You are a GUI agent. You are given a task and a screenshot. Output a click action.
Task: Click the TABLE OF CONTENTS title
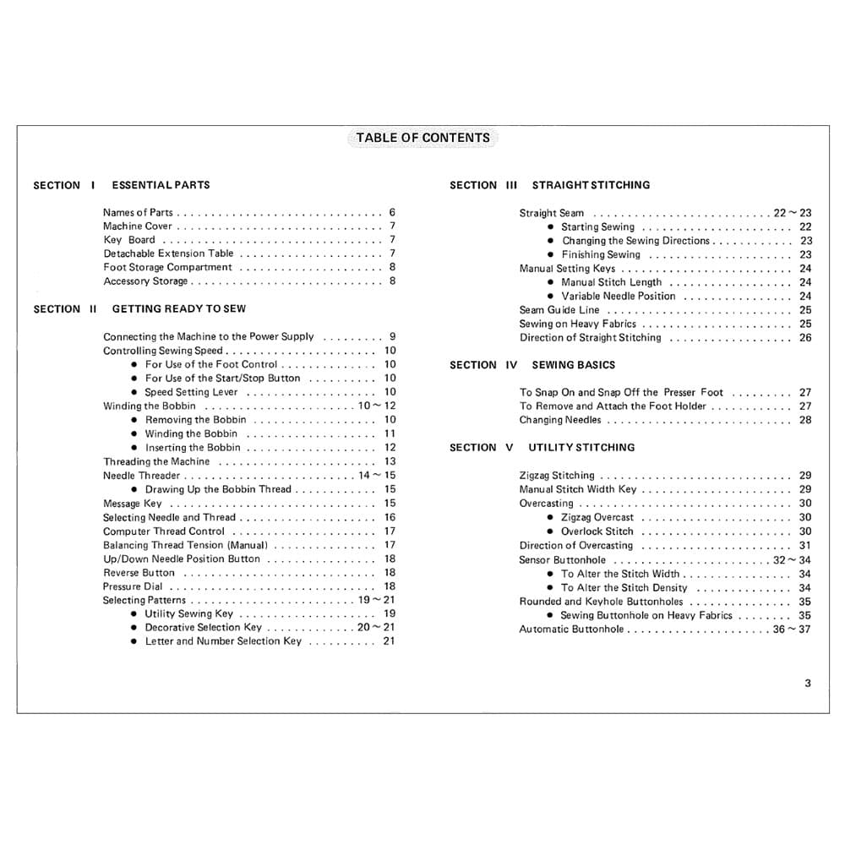(422, 138)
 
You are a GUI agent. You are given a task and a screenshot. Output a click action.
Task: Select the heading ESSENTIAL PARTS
(161, 185)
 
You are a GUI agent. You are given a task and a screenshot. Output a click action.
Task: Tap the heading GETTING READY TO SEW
(179, 309)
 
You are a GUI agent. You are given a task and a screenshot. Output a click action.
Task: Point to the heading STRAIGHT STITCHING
(591, 185)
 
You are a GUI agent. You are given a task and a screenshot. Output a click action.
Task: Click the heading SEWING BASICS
(574, 365)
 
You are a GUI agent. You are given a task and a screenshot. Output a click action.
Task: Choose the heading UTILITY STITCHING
(581, 447)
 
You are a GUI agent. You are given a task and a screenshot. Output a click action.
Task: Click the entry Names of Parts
(138, 213)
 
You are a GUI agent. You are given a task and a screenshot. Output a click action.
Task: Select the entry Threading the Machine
(155, 461)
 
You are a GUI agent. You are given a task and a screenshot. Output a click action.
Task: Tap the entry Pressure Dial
(133, 586)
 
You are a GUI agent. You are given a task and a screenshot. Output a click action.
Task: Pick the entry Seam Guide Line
(559, 310)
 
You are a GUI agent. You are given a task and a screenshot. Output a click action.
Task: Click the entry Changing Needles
(560, 420)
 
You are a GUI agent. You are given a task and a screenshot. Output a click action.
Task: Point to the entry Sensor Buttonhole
(562, 560)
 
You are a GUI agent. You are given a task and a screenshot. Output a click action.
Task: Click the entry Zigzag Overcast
(597, 517)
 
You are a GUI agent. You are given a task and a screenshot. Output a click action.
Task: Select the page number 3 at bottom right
(807, 683)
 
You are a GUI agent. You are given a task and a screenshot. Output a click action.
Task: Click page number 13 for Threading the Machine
(390, 461)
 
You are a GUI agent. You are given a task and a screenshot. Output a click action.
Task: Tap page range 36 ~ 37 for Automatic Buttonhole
(792, 630)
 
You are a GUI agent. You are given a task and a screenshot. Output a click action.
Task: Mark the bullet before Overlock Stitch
(551, 532)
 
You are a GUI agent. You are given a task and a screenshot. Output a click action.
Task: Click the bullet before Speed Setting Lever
(135, 393)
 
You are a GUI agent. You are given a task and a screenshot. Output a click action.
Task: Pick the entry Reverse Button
(139, 573)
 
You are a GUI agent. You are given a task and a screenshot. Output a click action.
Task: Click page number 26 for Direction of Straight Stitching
(805, 338)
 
